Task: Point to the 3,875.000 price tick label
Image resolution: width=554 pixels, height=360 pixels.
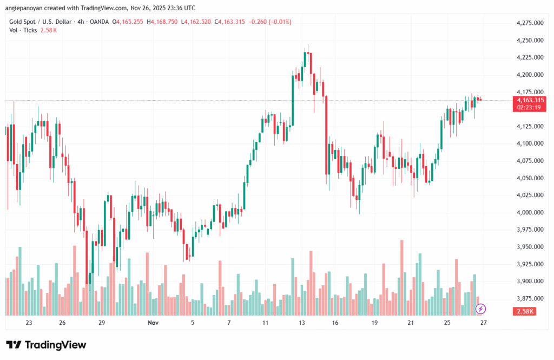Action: pyautogui.click(x=530, y=298)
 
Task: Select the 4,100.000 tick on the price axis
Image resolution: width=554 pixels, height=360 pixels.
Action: pyautogui.click(x=530, y=143)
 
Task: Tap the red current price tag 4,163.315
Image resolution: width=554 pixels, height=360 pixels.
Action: pyautogui.click(x=530, y=100)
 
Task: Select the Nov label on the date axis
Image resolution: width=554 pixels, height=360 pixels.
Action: pyautogui.click(x=153, y=323)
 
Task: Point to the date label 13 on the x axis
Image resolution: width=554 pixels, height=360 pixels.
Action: pyautogui.click(x=301, y=323)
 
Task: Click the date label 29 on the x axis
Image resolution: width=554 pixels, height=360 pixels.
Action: pyautogui.click(x=101, y=323)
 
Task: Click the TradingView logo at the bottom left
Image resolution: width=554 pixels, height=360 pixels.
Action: pyautogui.click(x=46, y=345)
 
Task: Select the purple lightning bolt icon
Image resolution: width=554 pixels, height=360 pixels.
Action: pyautogui.click(x=480, y=309)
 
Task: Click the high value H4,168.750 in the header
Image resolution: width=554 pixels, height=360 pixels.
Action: pyautogui.click(x=165, y=22)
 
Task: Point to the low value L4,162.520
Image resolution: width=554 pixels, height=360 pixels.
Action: pyautogui.click(x=197, y=22)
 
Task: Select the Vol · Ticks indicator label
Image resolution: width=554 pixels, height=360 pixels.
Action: pyautogui.click(x=22, y=30)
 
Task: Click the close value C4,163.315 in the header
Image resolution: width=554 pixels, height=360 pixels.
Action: pyautogui.click(x=230, y=22)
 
